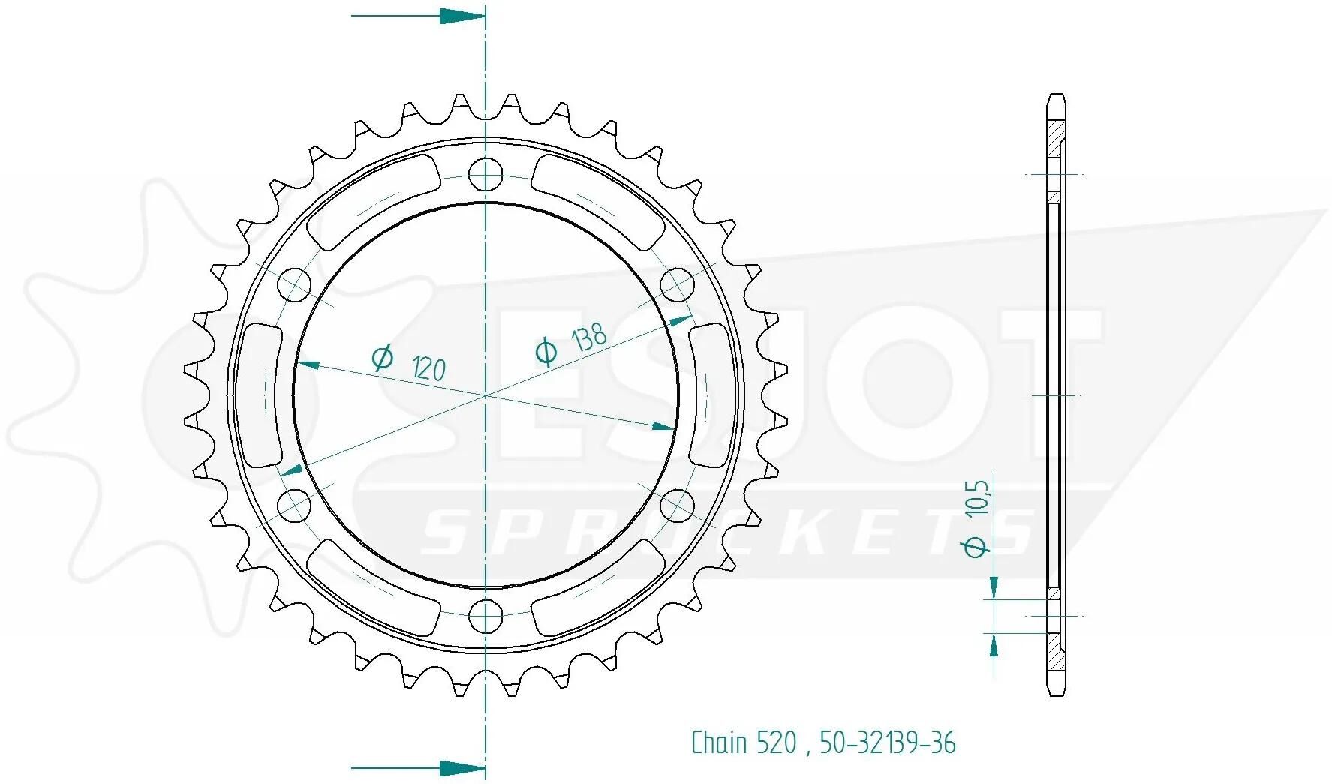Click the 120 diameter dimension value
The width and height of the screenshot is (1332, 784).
point(429,368)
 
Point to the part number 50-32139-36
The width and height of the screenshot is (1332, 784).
point(888,743)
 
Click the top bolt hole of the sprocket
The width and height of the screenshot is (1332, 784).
point(486,175)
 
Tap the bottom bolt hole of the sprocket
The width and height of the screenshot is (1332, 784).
point(486,617)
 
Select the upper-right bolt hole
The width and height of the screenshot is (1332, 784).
point(678,285)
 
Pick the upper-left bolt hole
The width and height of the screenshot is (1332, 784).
point(294,285)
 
